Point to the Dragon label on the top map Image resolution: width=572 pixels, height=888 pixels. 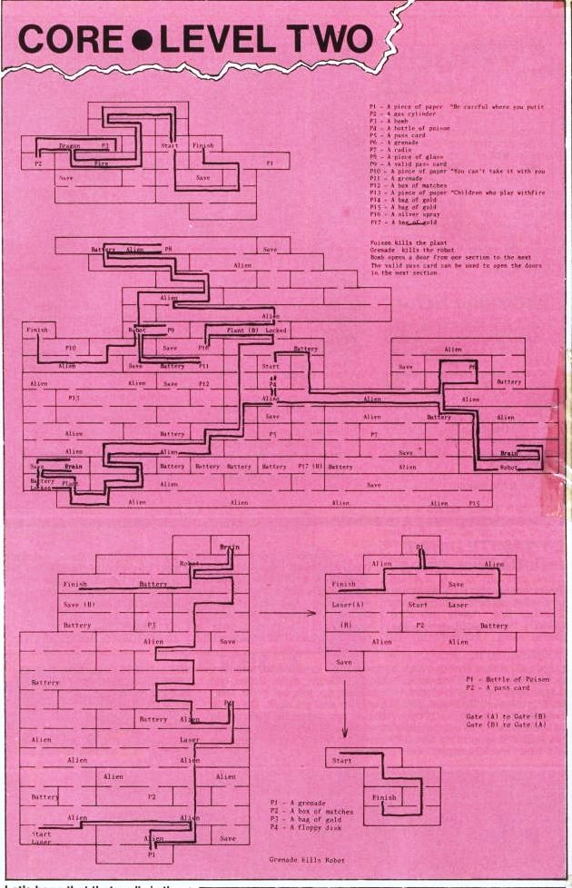click(70, 145)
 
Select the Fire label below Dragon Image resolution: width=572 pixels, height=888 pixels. click(101, 163)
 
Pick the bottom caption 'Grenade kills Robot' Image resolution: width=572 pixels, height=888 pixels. click(305, 858)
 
